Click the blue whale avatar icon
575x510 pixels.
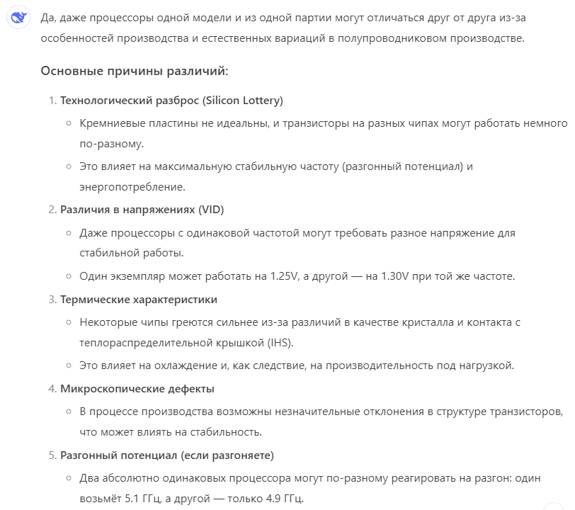coord(18,19)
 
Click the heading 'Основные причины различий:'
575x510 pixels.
coord(135,71)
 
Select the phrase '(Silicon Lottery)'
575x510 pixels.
coord(243,101)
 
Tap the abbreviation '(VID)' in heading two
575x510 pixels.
coord(211,209)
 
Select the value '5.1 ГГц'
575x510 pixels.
coord(142,498)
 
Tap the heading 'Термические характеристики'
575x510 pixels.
coord(139,299)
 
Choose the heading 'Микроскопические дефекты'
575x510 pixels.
coord(137,388)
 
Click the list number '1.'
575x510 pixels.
coord(52,101)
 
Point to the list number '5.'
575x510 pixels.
coord(52,455)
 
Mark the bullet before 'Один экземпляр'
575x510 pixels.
coord(69,276)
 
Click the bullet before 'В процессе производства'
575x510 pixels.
coord(69,412)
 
